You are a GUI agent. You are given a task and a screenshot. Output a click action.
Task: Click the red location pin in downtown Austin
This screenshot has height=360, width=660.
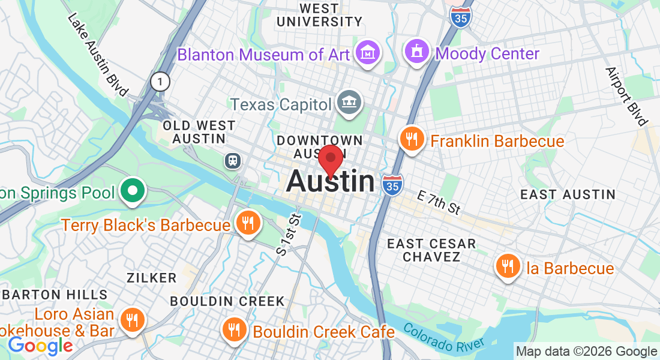point(330,160)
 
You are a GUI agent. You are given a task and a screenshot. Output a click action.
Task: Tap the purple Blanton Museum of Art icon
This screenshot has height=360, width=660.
point(367,53)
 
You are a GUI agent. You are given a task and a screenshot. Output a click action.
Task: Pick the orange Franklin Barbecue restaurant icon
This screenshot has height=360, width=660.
point(412,140)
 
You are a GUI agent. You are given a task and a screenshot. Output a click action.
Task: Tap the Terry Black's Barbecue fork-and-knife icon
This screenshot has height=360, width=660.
point(247,224)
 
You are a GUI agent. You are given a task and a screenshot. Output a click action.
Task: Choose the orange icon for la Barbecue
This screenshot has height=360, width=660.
point(508,266)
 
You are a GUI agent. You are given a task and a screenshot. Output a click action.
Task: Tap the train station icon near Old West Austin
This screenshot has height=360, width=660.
point(232,160)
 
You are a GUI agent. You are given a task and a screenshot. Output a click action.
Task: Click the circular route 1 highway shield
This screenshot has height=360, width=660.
point(160,82)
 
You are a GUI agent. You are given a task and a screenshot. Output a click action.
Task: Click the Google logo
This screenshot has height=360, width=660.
point(40,346)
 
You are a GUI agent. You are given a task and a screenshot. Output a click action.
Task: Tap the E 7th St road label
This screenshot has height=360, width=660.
point(439,203)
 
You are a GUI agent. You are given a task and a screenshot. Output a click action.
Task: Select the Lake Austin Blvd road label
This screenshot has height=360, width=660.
point(98,55)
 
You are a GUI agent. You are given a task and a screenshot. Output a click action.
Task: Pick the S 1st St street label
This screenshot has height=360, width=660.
point(288,235)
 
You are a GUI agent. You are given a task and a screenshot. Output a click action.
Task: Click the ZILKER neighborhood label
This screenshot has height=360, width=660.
point(151,278)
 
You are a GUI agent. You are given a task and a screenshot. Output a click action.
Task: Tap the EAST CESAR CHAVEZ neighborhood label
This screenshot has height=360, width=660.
point(431,250)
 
